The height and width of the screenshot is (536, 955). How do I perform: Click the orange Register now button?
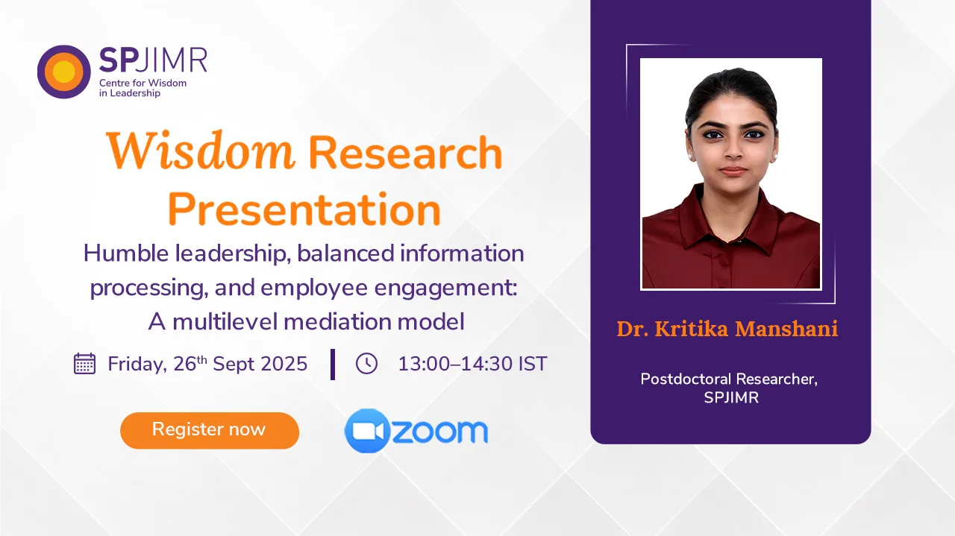click(209, 430)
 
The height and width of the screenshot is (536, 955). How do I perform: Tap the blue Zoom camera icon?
click(367, 431)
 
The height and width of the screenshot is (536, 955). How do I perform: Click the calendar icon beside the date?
click(84, 364)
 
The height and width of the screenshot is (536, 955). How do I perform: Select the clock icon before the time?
click(366, 364)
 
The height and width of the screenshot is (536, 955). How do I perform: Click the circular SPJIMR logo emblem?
click(64, 72)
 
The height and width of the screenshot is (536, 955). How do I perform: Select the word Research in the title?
click(405, 153)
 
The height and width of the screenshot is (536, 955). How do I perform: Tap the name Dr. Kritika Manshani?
click(727, 329)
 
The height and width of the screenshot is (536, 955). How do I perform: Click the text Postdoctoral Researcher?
click(729, 379)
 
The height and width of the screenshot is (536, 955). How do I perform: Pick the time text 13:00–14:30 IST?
click(472, 364)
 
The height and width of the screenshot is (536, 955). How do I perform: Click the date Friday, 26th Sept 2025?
click(207, 364)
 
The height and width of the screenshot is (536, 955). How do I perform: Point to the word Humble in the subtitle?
click(122, 254)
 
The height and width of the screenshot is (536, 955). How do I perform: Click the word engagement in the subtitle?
click(454, 288)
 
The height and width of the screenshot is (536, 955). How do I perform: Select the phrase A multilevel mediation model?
click(306, 321)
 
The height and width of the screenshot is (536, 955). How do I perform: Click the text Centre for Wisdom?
click(143, 83)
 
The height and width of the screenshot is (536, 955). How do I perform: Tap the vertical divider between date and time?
click(333, 364)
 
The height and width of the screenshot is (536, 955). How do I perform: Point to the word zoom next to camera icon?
click(440, 431)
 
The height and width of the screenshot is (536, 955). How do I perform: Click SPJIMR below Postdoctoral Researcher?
click(730, 398)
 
